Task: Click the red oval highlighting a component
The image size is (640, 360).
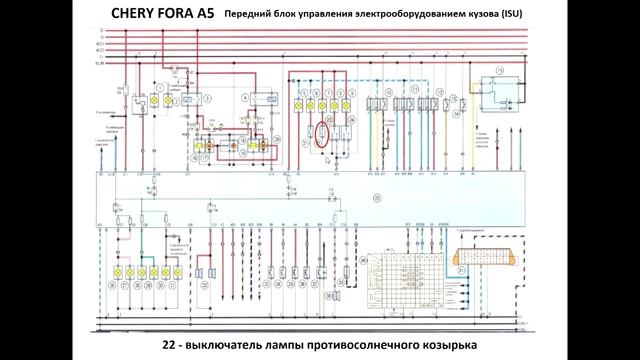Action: click(323, 132)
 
